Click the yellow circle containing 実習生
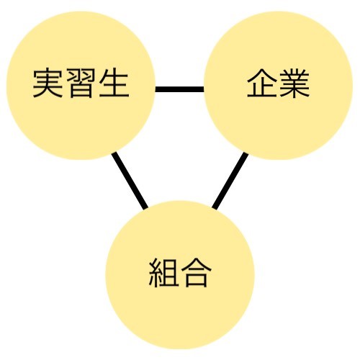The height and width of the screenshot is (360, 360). [x=81, y=86]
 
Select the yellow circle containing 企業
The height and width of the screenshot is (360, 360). [x=278, y=86]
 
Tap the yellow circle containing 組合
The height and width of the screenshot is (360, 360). [x=180, y=275]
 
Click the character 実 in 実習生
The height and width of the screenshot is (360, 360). [x=48, y=83]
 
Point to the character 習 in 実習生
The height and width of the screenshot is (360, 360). [x=81, y=84]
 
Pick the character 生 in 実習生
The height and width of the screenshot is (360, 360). [x=114, y=83]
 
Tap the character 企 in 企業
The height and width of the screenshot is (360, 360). [x=262, y=83]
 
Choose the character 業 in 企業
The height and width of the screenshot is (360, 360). [x=294, y=84]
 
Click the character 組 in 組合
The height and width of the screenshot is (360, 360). [x=163, y=273]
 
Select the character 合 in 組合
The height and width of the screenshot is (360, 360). [x=197, y=273]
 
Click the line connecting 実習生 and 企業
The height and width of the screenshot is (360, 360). [x=179, y=89]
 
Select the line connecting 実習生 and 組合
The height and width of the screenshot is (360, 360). [x=130, y=181]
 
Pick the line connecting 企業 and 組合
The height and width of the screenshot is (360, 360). [x=230, y=181]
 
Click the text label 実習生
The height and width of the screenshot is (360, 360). [x=81, y=84]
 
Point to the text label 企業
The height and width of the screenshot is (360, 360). [x=278, y=84]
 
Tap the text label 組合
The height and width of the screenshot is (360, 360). [x=180, y=273]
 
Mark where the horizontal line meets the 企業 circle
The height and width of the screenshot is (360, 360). [x=204, y=89]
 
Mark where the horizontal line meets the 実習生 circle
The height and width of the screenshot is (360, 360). [x=156, y=89]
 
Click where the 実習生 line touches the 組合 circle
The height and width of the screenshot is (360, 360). [x=145, y=209]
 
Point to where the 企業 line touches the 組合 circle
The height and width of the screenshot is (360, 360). [x=215, y=209]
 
